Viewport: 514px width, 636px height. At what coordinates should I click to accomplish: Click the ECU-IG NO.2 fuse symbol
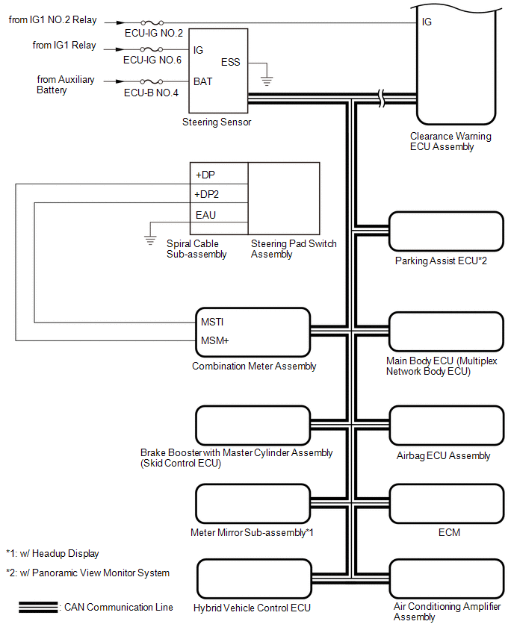[152, 22]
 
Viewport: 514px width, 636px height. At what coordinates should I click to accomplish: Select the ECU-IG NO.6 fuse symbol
[152, 49]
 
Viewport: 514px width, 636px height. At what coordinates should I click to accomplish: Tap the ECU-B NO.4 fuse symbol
[152, 81]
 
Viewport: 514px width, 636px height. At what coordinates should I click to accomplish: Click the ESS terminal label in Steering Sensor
[230, 62]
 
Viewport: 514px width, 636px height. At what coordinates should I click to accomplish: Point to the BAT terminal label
[202, 81]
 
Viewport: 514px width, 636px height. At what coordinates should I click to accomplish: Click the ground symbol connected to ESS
[266, 81]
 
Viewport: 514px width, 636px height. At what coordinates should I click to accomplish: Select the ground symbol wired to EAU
[150, 240]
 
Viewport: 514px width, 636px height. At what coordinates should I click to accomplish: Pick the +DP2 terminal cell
[219, 193]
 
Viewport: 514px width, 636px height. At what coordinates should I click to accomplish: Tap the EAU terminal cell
[219, 213]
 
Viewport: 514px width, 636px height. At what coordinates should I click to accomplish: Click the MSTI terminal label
[212, 322]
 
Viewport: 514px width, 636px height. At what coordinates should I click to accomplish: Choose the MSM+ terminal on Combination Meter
[214, 340]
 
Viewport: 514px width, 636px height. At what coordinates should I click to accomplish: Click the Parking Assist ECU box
[446, 231]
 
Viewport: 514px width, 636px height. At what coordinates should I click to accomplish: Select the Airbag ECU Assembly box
[447, 425]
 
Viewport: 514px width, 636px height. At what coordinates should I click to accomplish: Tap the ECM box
[447, 503]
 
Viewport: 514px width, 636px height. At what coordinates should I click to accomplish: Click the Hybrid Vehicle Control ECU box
[254, 579]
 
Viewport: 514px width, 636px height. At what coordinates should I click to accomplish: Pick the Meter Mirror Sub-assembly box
[253, 503]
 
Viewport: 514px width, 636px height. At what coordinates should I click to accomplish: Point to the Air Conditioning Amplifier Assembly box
[447, 579]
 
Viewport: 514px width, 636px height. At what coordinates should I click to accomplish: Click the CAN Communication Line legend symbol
[38, 607]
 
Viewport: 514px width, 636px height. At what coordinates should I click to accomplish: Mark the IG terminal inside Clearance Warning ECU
[427, 22]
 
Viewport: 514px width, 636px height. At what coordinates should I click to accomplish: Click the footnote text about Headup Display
[53, 554]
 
